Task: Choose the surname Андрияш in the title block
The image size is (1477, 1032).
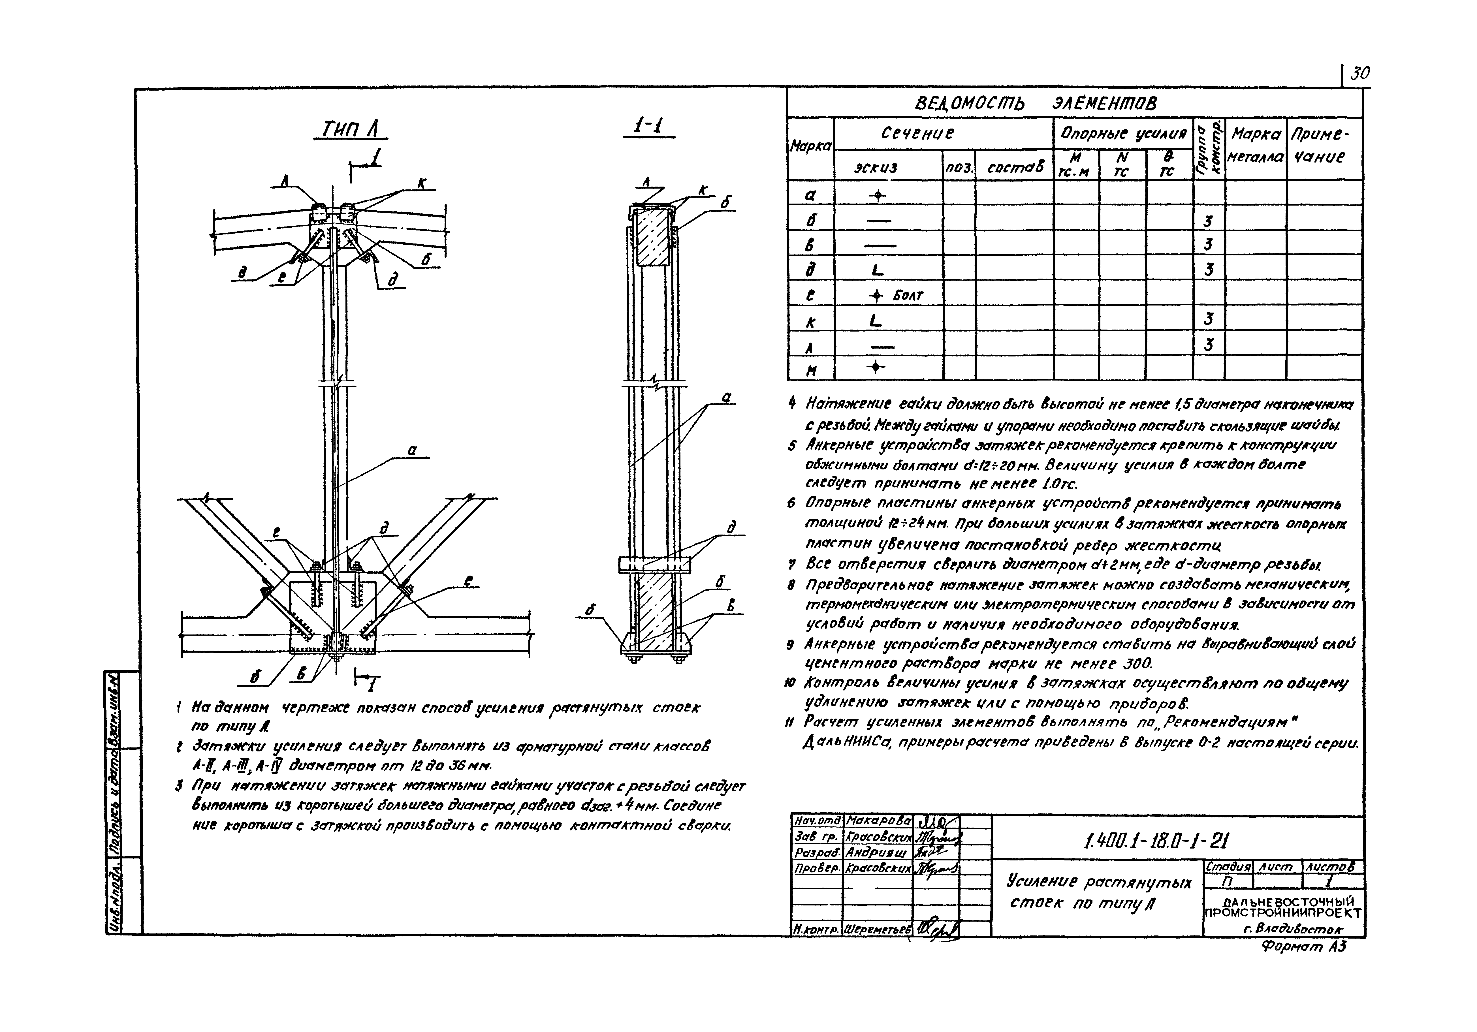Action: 876,852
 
